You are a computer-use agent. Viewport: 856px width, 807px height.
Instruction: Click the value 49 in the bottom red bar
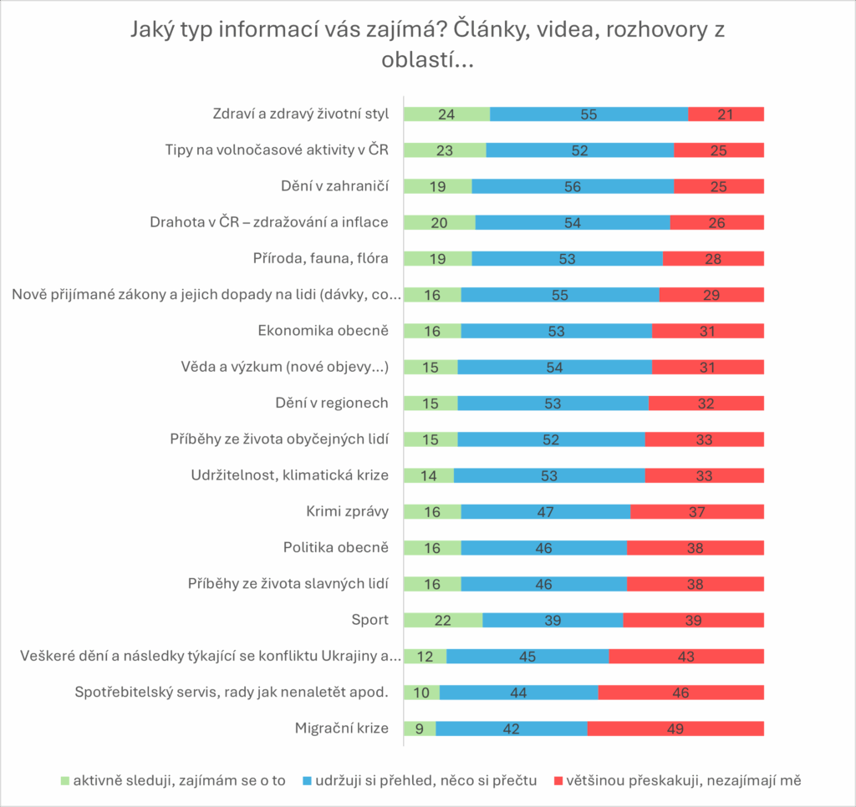pos(675,728)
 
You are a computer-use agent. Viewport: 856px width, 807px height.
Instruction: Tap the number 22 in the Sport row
pos(443,620)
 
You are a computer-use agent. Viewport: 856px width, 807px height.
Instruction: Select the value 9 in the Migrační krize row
pos(420,728)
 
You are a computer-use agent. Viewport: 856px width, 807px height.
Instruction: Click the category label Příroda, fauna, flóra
pos(321,258)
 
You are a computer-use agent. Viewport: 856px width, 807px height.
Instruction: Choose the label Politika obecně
pos(336,548)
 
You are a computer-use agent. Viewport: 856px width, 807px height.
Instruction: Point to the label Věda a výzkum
pos(285,366)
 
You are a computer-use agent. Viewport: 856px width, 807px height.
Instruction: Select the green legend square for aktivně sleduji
pos(66,781)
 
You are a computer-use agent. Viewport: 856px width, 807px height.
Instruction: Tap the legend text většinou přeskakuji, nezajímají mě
pos(684,781)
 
